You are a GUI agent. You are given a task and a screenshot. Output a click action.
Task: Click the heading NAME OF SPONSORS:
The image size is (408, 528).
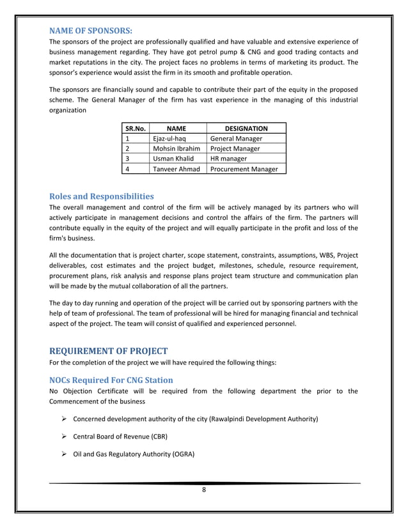click(x=91, y=29)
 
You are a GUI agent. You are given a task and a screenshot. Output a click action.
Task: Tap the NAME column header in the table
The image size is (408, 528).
click(x=177, y=128)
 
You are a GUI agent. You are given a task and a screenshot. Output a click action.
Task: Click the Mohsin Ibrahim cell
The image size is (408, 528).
click(x=177, y=148)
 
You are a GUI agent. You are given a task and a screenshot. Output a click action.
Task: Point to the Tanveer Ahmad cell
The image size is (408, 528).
click(x=177, y=169)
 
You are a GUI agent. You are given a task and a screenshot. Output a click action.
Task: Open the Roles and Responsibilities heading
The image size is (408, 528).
click(x=101, y=196)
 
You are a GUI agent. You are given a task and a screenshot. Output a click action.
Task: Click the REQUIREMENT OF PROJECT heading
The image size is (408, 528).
click(x=108, y=350)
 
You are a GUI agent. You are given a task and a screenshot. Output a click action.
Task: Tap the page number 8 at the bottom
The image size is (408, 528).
click(x=203, y=491)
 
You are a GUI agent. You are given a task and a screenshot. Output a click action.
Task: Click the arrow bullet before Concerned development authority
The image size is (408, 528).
click(x=64, y=419)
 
